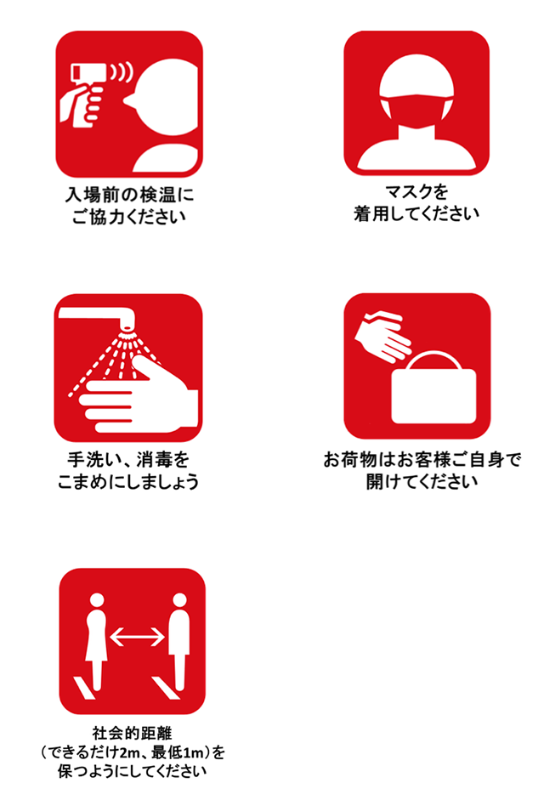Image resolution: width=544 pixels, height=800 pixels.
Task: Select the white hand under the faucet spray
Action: pos(144,390)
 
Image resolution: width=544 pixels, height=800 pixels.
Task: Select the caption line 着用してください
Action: pos(416,213)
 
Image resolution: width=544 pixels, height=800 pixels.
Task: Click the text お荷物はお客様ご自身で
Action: pos(422,460)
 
